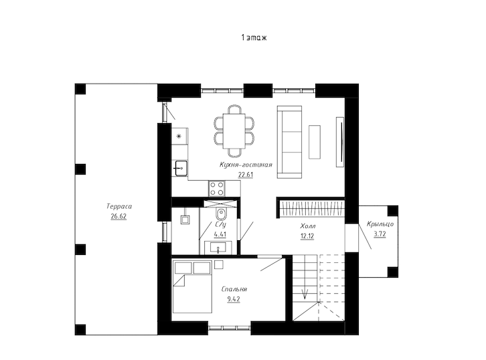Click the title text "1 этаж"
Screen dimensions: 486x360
254,37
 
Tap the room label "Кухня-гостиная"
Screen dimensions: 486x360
246,165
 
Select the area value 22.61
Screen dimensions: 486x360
246,175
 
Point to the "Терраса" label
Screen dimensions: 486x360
119,206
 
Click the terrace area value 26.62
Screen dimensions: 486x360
118,216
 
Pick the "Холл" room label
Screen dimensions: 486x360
308,226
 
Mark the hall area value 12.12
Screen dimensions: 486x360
307,236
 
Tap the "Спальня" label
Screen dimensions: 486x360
234,289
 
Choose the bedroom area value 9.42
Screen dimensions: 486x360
234,299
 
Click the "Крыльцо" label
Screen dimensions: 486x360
380,224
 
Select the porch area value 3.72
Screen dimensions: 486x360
380,234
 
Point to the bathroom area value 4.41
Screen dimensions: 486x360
220,234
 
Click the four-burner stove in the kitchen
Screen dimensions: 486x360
217,189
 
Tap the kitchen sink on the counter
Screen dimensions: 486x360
181,168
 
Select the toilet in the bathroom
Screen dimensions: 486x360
221,214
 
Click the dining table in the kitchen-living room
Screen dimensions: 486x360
234,131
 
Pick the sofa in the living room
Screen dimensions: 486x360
289,143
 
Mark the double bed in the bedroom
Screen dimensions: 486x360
193,287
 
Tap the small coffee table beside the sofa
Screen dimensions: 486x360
315,142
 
